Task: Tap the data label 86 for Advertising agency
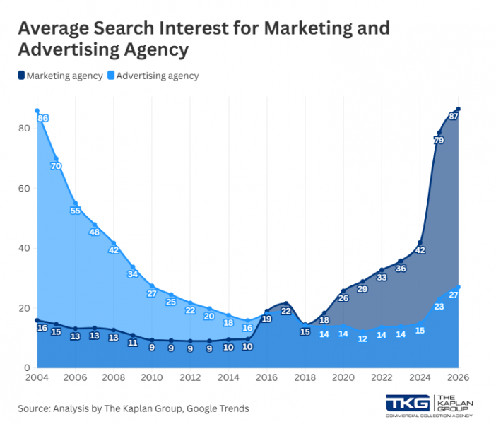[x=42, y=118]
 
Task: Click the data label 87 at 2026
[x=454, y=116]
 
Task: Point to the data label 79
[x=438, y=141]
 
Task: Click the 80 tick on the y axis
[x=24, y=128]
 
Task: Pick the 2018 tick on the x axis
[x=305, y=377]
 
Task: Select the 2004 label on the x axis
[x=37, y=377]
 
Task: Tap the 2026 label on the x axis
[x=457, y=377]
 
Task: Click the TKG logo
[x=408, y=402]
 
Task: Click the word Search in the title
[x=135, y=29]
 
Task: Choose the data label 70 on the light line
[x=56, y=166]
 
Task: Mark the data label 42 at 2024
[x=420, y=250]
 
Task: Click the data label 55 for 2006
[x=76, y=211]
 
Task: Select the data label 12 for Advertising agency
[x=362, y=339]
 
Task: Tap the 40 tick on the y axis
[x=24, y=248]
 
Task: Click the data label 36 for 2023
[x=401, y=269]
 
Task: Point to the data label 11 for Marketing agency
[x=133, y=343]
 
